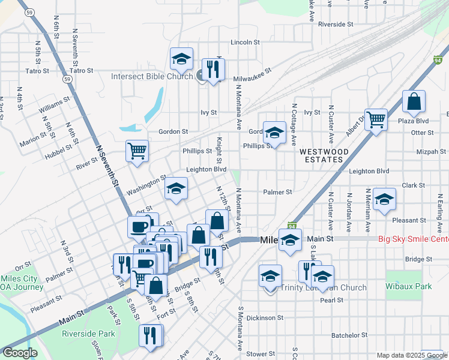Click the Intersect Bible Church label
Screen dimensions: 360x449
click(x=152, y=76)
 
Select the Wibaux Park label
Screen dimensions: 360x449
click(x=408, y=286)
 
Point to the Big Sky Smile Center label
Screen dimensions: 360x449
click(x=413, y=239)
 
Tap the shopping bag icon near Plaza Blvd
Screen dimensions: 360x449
click(x=414, y=103)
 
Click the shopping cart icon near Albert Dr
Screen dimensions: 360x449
click(x=376, y=119)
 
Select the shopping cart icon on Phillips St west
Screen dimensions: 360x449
click(x=137, y=151)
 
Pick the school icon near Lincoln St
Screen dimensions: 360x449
click(x=181, y=59)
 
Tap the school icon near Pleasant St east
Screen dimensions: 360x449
click(x=384, y=200)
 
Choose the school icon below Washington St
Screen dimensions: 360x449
click(x=176, y=189)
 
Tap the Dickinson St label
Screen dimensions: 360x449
click(x=264, y=317)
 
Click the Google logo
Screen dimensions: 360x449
click(x=20, y=353)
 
